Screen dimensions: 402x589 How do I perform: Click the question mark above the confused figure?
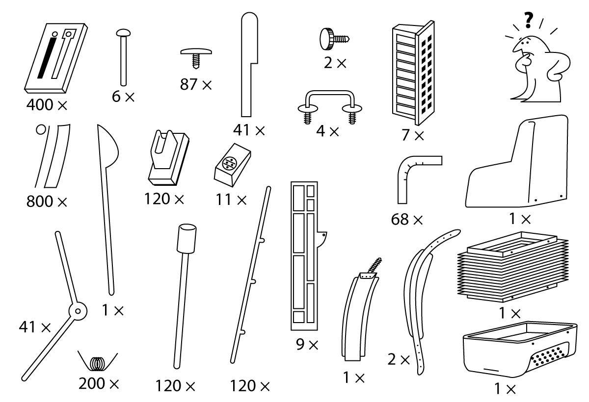click(x=528, y=21)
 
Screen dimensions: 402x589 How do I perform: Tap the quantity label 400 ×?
click(x=47, y=104)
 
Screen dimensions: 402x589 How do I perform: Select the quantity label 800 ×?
click(x=47, y=201)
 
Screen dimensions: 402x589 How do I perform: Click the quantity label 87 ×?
click(x=196, y=85)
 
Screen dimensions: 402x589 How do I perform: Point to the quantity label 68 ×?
click(x=407, y=220)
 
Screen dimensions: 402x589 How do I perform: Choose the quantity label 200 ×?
click(x=99, y=384)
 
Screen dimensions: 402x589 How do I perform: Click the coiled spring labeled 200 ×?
click(x=99, y=363)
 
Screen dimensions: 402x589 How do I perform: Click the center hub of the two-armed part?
click(x=77, y=310)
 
